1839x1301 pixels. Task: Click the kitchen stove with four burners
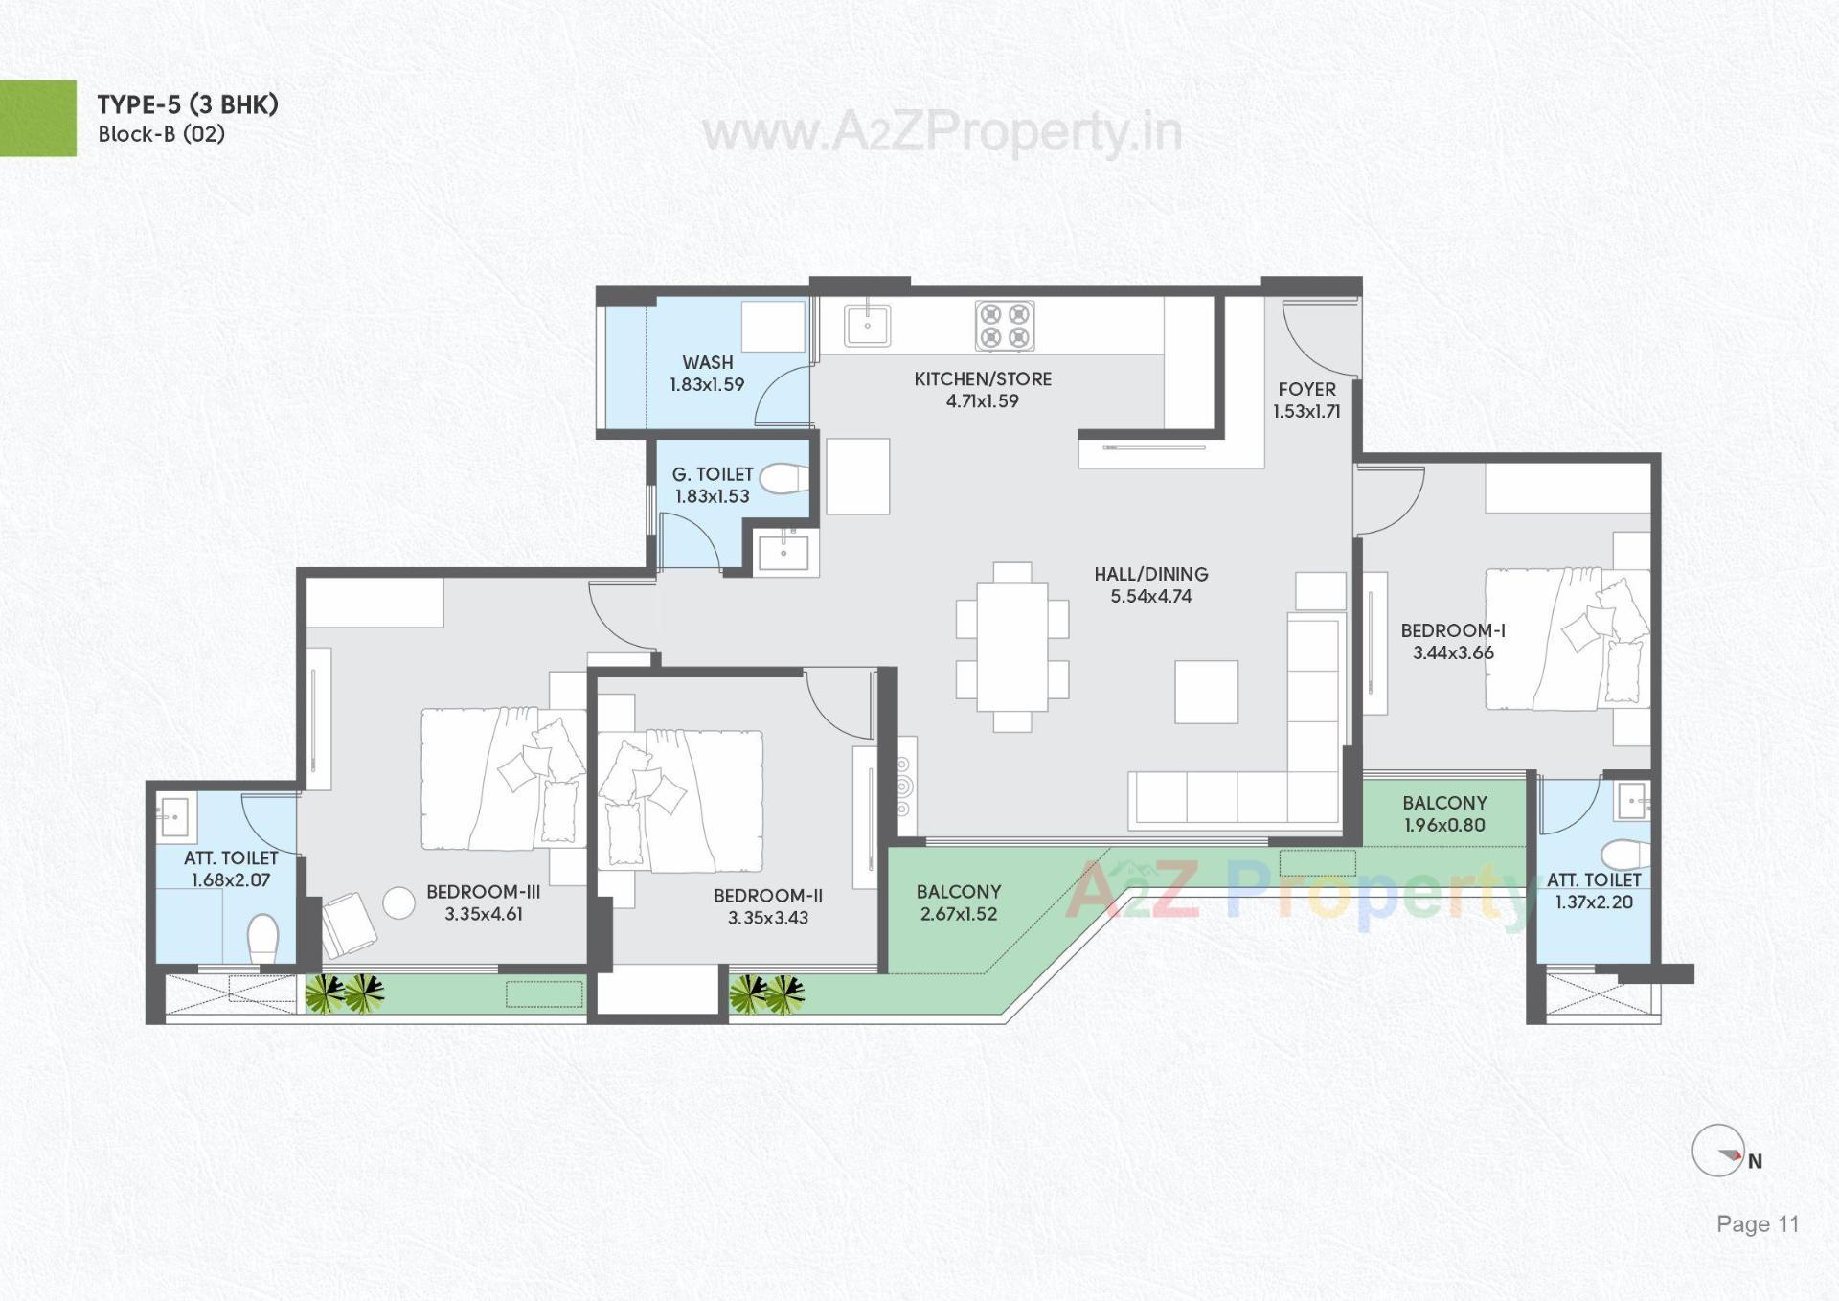coord(1005,326)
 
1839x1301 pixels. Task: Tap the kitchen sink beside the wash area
coord(867,325)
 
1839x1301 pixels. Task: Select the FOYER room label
coord(1306,389)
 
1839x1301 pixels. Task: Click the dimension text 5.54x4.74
coord(1150,596)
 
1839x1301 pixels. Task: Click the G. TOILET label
coord(713,474)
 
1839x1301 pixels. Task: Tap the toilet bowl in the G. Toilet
coord(784,478)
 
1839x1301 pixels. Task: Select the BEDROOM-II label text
coord(767,896)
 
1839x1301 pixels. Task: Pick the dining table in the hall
coord(1011,648)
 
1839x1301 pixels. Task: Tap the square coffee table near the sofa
coord(1206,692)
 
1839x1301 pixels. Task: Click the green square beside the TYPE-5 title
coord(37,118)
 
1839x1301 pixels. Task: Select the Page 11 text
coord(1757,1224)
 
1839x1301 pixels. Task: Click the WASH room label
coord(708,362)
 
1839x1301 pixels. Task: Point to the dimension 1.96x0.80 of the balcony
coord(1444,825)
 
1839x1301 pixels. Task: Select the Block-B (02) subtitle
coord(161,134)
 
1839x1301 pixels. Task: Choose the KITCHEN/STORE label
coord(983,379)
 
